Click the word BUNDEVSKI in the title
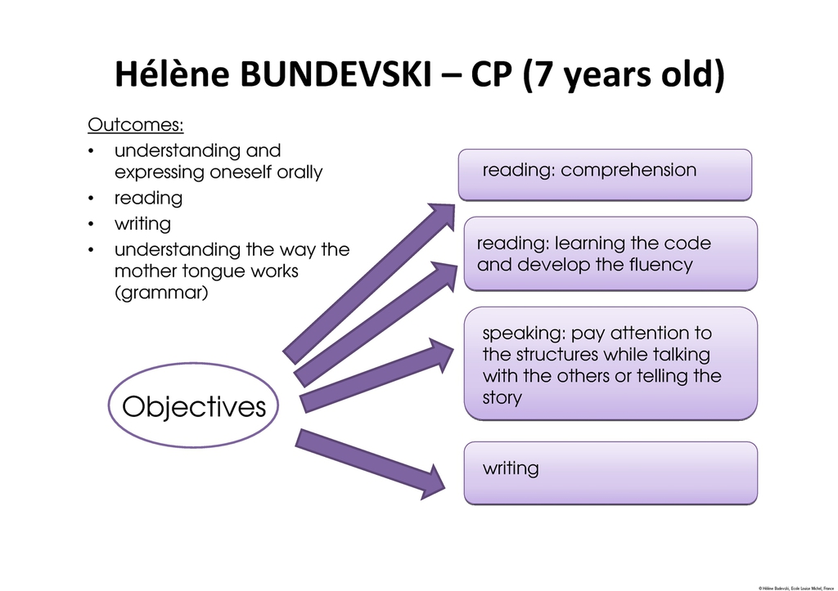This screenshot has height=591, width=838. click(336, 74)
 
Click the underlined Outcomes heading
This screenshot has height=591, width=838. click(136, 125)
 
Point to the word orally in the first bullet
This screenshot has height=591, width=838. click(300, 172)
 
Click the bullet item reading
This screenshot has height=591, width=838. click(149, 199)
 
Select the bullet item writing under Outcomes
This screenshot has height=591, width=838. click(142, 224)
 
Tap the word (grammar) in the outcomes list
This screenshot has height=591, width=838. click(161, 293)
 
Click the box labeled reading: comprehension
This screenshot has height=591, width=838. click(605, 175)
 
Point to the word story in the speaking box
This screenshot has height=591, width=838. click(502, 398)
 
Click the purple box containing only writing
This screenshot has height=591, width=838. click(610, 473)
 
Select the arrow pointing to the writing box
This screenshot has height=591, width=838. click(370, 464)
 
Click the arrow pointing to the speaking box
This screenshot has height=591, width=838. click(377, 374)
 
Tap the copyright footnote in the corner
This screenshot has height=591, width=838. click(795, 588)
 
